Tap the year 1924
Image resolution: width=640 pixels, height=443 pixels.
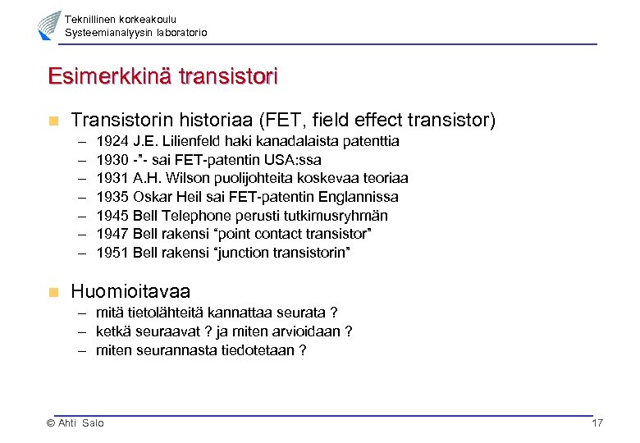pyautogui.click(x=111, y=141)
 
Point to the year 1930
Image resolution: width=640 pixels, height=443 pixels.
pyautogui.click(x=111, y=160)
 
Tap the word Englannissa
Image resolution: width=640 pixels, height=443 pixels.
pyautogui.click(x=359, y=197)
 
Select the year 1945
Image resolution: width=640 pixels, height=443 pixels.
pyautogui.click(x=111, y=216)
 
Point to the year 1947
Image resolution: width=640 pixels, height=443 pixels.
pyautogui.click(x=111, y=235)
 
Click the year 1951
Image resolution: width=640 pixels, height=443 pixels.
pyautogui.click(x=111, y=253)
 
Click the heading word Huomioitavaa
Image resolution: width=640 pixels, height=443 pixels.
pyautogui.click(x=130, y=291)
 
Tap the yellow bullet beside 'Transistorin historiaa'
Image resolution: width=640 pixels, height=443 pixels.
pyautogui.click(x=53, y=121)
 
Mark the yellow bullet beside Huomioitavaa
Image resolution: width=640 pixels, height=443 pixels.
pyautogui.click(x=53, y=291)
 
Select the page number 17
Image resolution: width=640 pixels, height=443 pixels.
pyautogui.click(x=597, y=423)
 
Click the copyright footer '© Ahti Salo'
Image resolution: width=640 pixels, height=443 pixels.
pyautogui.click(x=75, y=423)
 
